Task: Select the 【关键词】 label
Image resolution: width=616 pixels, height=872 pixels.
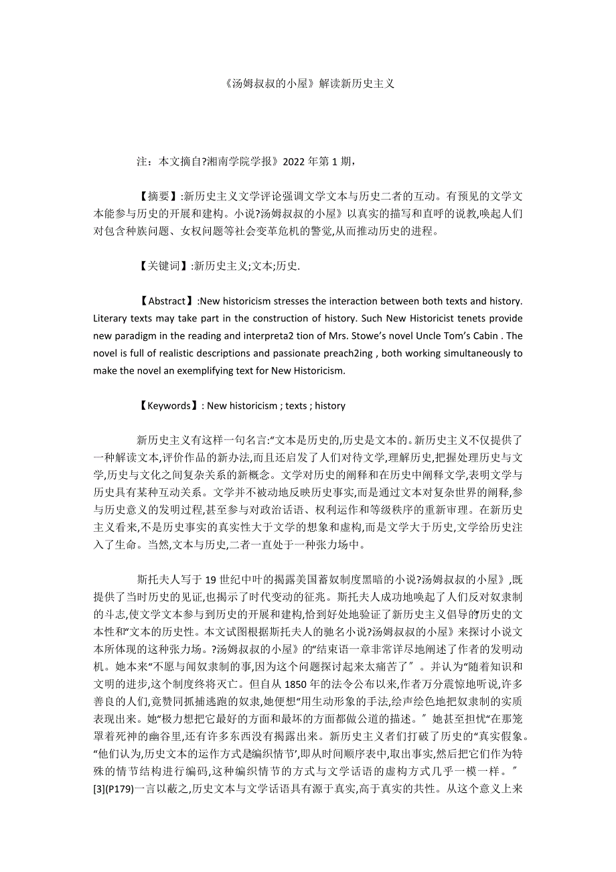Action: point(161,266)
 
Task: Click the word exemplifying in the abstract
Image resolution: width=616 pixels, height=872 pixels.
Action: point(197,370)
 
